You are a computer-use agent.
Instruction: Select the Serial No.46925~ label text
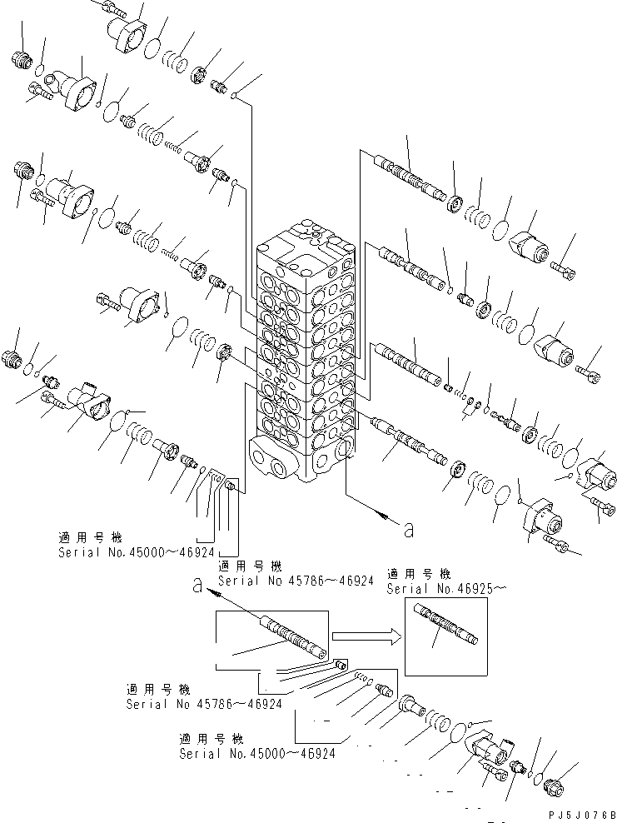(x=446, y=589)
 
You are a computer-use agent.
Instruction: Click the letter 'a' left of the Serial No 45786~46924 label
(x=197, y=586)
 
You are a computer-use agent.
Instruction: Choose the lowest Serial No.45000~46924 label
(x=257, y=753)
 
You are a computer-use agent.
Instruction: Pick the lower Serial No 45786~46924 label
(x=204, y=705)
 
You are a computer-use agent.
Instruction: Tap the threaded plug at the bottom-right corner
(x=555, y=786)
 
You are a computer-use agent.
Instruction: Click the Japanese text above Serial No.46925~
(x=418, y=575)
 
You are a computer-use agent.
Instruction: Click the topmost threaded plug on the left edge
(x=21, y=59)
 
